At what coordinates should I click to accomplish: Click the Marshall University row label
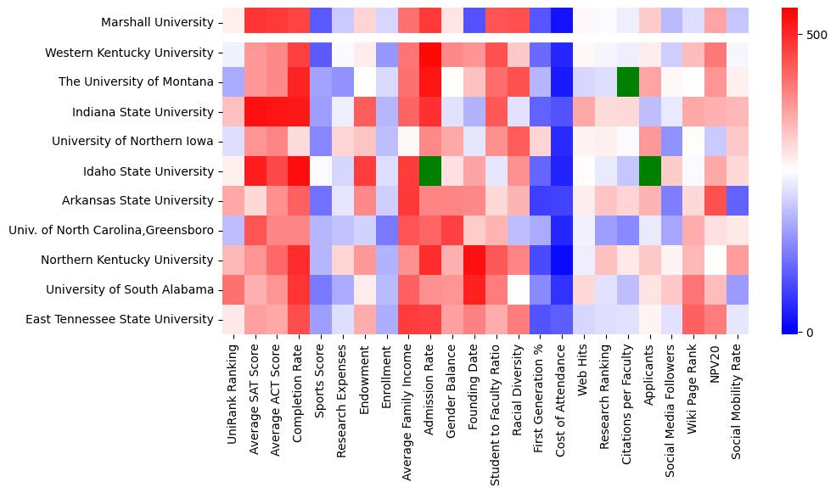[157, 23]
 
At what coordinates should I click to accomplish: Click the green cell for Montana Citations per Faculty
[628, 82]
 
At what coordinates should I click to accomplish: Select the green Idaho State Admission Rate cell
[429, 171]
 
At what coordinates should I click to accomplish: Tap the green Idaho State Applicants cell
[650, 171]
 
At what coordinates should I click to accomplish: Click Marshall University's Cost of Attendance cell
[562, 23]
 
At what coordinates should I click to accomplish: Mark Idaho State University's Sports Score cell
[321, 171]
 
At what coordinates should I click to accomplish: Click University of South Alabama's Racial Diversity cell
[518, 289]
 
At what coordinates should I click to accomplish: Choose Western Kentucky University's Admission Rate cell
[429, 53]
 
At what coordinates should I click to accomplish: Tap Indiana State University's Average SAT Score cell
[255, 112]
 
